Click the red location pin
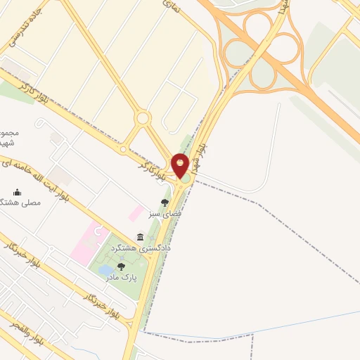(180, 165)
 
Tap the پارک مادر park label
(122, 278)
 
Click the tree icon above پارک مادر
(122, 266)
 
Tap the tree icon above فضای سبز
(165, 202)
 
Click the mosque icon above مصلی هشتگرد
(18, 192)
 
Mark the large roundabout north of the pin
(143, 118)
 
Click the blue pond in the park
(105, 270)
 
